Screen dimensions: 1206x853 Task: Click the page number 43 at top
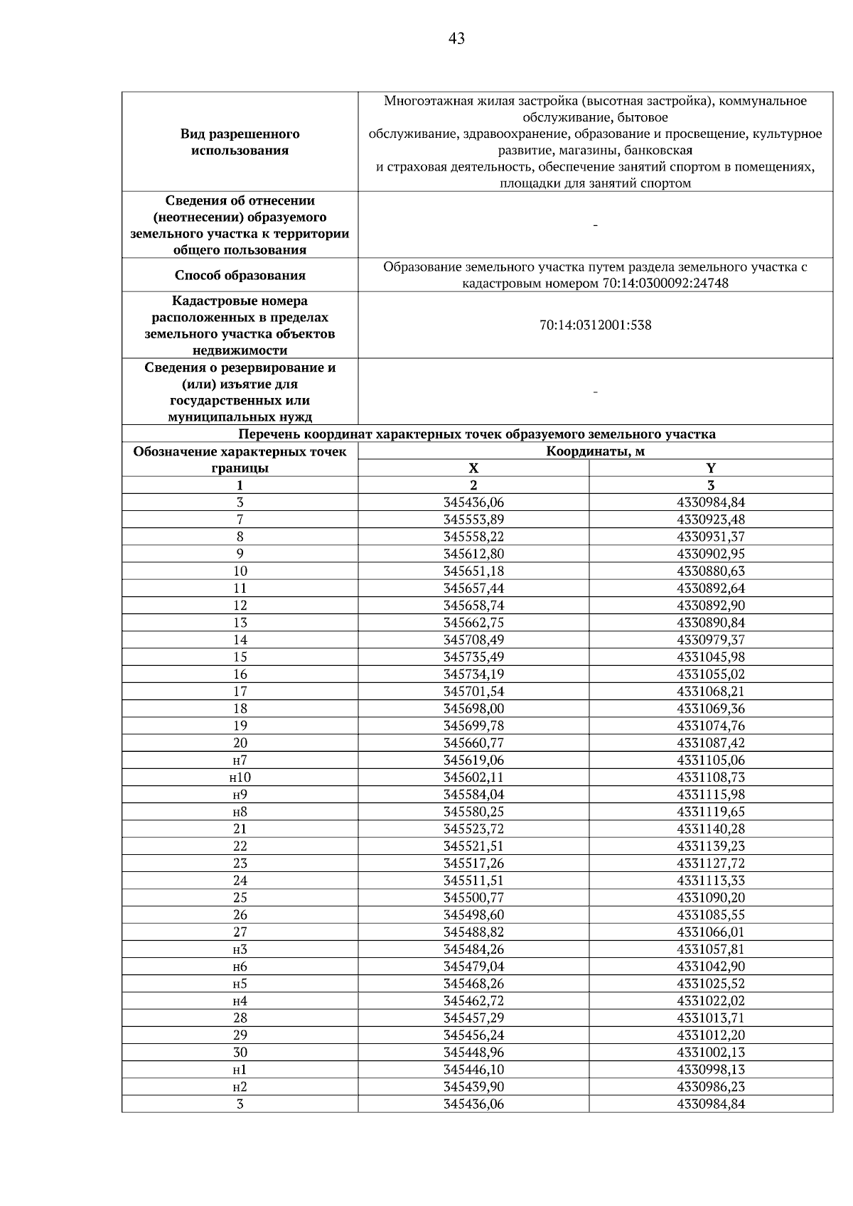456,38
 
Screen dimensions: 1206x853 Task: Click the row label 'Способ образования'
240,275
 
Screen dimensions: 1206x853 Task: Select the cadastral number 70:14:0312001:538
595,325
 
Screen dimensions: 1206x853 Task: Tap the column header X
473,468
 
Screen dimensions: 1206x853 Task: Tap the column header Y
711,468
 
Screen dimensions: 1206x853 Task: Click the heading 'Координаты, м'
595,451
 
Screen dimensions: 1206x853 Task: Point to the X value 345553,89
473,519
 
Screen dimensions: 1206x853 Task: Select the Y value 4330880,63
711,571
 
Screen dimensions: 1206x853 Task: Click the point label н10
240,777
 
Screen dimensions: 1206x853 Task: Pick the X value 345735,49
473,657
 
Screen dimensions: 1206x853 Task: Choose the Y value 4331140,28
711,829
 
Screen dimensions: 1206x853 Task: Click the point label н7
240,760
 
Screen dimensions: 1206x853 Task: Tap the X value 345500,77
473,898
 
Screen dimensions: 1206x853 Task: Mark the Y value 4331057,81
711,949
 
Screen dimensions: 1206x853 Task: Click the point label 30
240,1052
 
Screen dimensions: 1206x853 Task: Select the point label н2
240,1087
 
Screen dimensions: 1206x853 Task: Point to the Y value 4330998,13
711,1070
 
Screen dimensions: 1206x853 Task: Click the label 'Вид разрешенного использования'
240,142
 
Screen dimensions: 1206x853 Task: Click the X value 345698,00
473,709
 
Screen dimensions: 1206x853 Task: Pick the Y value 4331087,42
711,743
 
